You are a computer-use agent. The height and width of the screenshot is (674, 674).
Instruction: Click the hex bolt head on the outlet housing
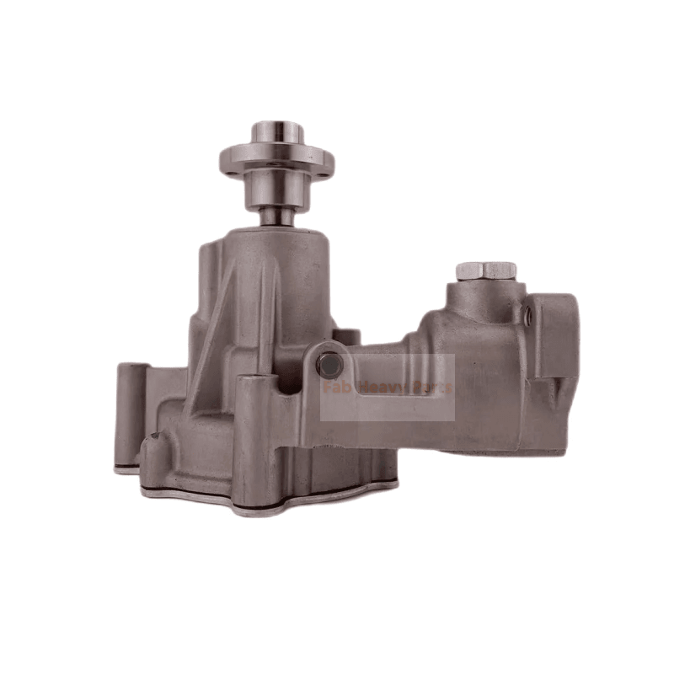tap(484, 270)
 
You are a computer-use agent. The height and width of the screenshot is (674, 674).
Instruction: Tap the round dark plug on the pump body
tap(329, 365)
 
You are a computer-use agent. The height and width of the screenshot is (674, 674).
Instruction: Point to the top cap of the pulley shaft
tap(276, 131)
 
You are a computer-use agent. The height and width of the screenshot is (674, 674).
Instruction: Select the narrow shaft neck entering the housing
tap(276, 217)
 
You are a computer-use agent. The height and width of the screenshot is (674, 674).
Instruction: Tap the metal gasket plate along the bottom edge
tap(270, 500)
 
